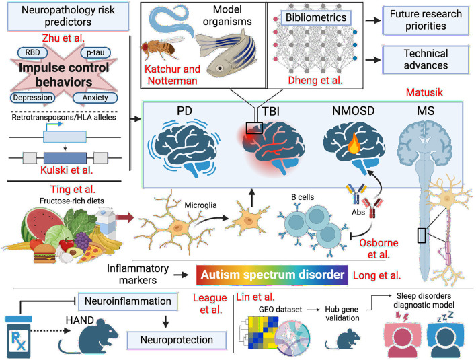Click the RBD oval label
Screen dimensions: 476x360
(32, 52)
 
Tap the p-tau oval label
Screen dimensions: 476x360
(95, 52)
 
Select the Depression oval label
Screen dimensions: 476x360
(32, 98)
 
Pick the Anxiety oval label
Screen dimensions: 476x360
(95, 98)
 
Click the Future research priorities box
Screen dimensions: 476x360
(426, 20)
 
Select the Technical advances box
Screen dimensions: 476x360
(426, 59)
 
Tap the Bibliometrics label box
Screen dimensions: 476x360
(316, 17)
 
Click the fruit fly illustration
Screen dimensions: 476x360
(161, 47)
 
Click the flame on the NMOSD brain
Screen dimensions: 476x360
(354, 144)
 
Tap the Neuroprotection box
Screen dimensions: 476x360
(176, 340)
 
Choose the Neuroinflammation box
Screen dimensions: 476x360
(128, 301)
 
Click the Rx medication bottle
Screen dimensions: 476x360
(19, 336)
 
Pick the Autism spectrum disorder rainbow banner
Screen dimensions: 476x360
(272, 275)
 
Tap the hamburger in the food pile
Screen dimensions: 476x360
(44, 254)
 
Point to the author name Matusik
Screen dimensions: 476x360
(424, 92)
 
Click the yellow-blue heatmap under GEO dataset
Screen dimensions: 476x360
(263, 332)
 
